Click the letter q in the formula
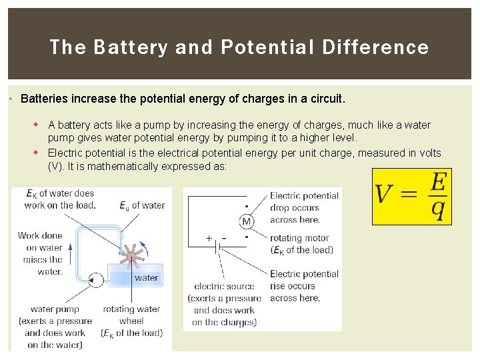(x=437, y=210)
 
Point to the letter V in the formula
(x=384, y=195)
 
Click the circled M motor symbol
(x=246, y=221)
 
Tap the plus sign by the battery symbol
(x=209, y=238)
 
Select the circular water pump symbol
(x=96, y=280)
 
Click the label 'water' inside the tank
(x=146, y=278)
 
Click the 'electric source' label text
(x=224, y=287)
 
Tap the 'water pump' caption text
(x=55, y=309)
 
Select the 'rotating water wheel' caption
(x=131, y=315)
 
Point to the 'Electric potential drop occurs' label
(x=304, y=207)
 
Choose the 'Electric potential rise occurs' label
(x=304, y=285)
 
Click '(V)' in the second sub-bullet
(x=57, y=167)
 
